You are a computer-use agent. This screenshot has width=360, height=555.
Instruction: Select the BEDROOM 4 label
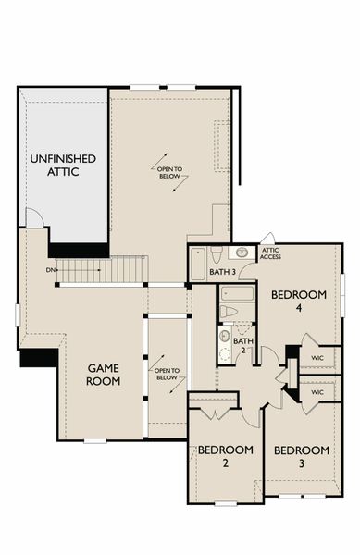coord(299,302)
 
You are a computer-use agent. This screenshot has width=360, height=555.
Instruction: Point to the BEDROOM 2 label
coord(225,457)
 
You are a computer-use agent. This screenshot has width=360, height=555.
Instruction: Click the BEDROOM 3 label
coord(302,457)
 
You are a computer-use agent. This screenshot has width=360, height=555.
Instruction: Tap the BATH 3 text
coord(222,271)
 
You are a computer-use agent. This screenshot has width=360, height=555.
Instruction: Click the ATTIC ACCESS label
coord(271,253)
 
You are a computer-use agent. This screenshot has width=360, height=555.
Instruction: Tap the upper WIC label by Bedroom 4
coord(317,357)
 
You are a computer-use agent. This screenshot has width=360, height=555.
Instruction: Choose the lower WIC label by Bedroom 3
coord(317,392)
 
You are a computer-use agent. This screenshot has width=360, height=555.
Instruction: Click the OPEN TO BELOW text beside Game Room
coord(167,374)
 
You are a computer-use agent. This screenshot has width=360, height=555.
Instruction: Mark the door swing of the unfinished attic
coord(32,218)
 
